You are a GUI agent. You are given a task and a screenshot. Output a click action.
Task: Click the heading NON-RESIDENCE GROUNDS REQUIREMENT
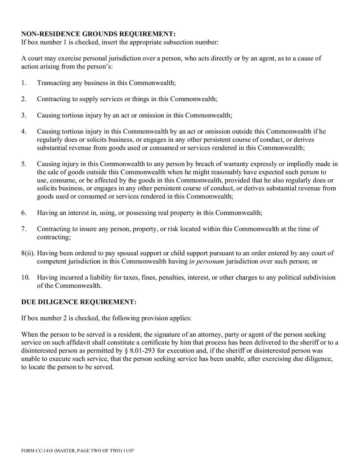coord(99,34)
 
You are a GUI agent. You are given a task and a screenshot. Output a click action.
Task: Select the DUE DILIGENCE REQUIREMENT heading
coord(79,302)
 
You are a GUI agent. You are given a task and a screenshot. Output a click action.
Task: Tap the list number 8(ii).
coord(28,253)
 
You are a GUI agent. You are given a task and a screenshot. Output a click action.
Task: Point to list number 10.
coord(25,277)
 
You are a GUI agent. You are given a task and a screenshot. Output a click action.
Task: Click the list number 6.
coord(24,213)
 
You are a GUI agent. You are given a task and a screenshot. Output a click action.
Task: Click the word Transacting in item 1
coord(54,83)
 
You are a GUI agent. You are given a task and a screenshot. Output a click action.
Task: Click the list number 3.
coord(24,115)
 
